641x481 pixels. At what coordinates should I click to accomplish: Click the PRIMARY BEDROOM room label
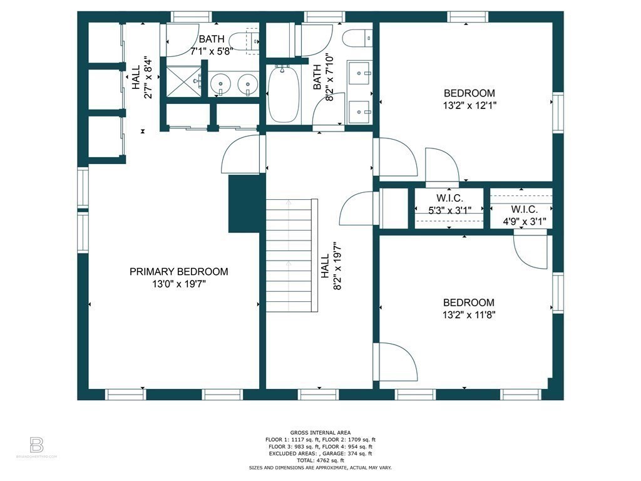tap(178, 272)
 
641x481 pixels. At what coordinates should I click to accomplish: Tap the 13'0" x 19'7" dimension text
tap(178, 284)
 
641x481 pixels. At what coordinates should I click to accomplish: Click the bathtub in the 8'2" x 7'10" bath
tap(285, 95)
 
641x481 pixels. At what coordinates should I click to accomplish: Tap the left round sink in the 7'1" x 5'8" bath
tap(220, 83)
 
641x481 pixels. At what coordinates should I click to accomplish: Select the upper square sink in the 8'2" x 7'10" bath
tap(359, 73)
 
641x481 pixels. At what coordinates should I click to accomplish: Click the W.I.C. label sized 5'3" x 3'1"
tap(449, 204)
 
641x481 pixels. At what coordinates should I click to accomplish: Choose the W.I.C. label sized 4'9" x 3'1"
tap(525, 215)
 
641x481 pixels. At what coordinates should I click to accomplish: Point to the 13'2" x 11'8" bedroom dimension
tap(469, 315)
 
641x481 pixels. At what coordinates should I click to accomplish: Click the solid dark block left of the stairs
tap(244, 204)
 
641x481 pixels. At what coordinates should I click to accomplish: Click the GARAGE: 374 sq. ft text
tap(347, 453)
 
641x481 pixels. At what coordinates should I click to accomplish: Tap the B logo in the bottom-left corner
tap(36, 445)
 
